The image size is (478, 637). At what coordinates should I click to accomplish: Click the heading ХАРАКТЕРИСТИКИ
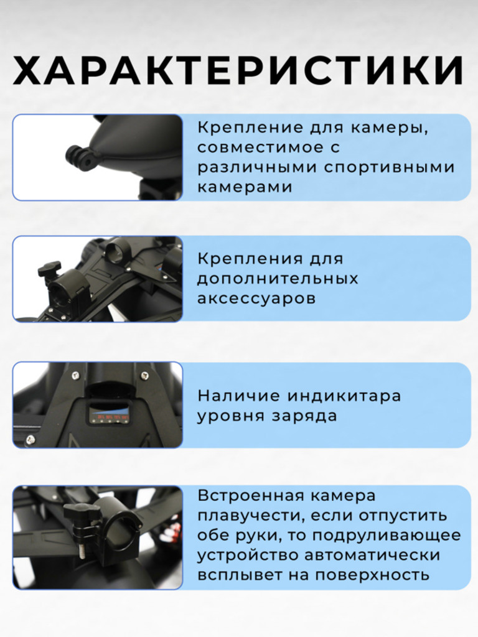coord(238,71)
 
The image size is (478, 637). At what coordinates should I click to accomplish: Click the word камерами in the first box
coord(245,187)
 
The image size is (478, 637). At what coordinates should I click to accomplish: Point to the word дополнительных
coord(278,278)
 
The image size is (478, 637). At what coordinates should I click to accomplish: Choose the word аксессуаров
coord(256,298)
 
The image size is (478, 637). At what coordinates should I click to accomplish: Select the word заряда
coord(307,416)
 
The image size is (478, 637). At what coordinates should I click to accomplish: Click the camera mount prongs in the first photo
coord(77,156)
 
